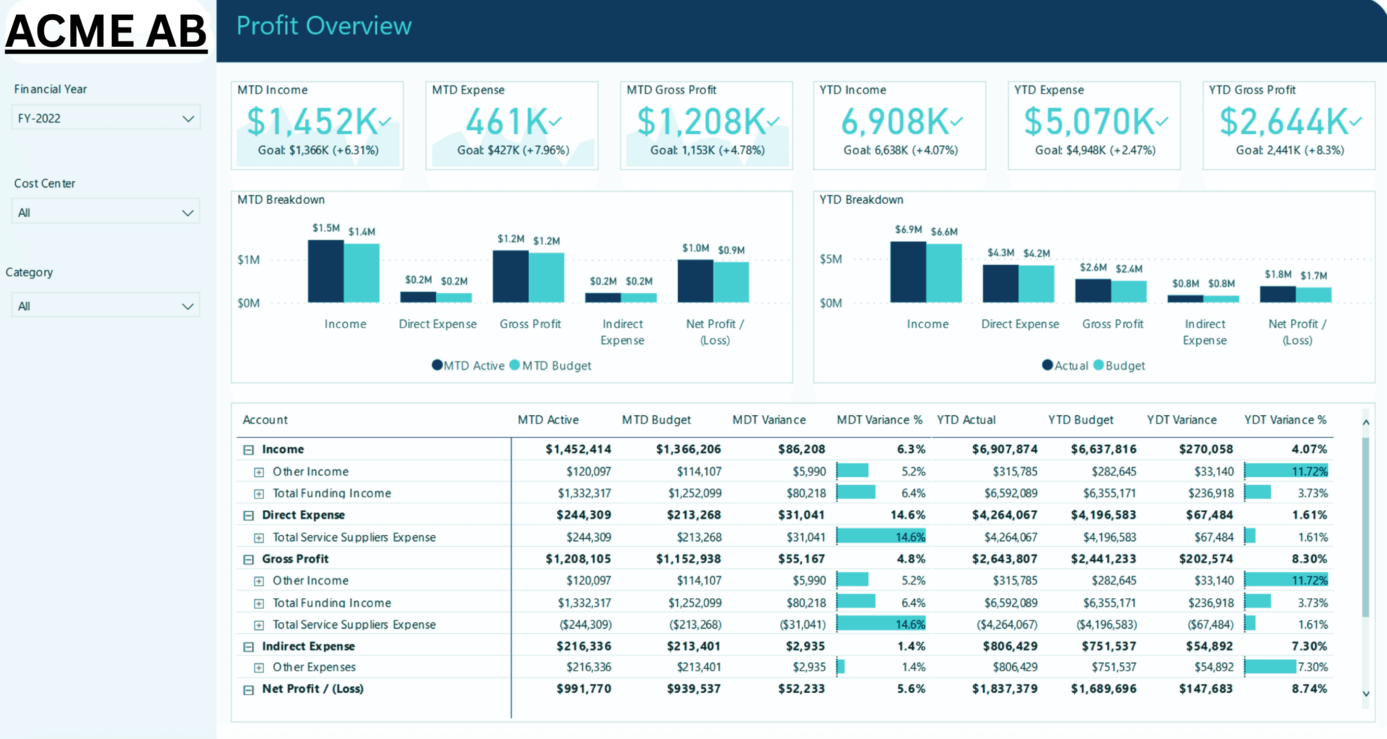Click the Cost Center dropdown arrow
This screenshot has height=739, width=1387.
pyautogui.click(x=187, y=213)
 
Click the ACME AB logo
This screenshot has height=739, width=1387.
pyautogui.click(x=106, y=31)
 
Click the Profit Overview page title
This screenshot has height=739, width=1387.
pyautogui.click(x=324, y=26)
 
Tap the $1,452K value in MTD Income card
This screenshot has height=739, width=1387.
pyautogui.click(x=312, y=121)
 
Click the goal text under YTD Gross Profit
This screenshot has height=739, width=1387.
pyautogui.click(x=1290, y=150)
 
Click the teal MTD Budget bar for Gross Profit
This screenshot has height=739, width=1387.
pyautogui.click(x=546, y=277)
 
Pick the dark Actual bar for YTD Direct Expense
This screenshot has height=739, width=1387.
pyautogui.click(x=1000, y=283)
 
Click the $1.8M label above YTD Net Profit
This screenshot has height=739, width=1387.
pyautogui.click(x=1278, y=274)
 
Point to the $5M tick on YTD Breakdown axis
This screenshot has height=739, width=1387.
pyautogui.click(x=830, y=259)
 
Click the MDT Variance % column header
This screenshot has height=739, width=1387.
pyautogui.click(x=879, y=420)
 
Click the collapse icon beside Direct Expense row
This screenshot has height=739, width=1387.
pyautogui.click(x=248, y=516)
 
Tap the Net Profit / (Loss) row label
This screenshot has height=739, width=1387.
pyautogui.click(x=312, y=688)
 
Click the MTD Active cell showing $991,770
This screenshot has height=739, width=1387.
pyautogui.click(x=583, y=688)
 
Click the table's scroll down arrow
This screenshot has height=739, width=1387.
pyautogui.click(x=1365, y=694)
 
